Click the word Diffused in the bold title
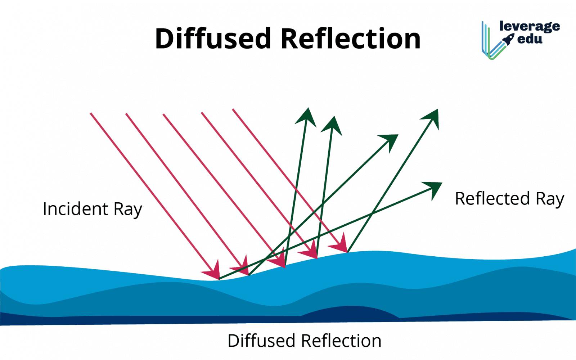(213, 39)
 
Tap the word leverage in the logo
(529, 26)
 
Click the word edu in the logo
(530, 39)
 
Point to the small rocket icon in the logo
(509, 39)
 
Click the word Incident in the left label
(75, 209)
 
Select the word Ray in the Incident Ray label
(128, 210)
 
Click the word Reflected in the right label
(492, 198)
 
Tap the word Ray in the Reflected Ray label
(550, 199)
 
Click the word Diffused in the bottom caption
(263, 341)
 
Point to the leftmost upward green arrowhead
(306, 117)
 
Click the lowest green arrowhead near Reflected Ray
(434, 188)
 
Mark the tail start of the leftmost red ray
(91, 113)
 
